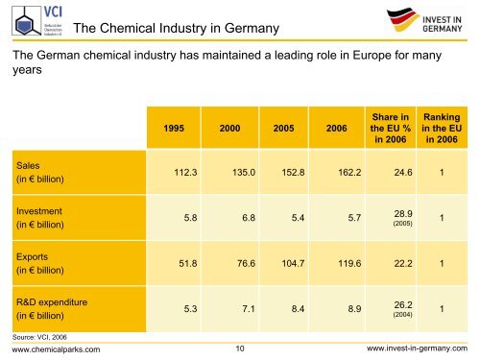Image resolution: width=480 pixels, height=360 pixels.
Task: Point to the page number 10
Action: tap(239, 349)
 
